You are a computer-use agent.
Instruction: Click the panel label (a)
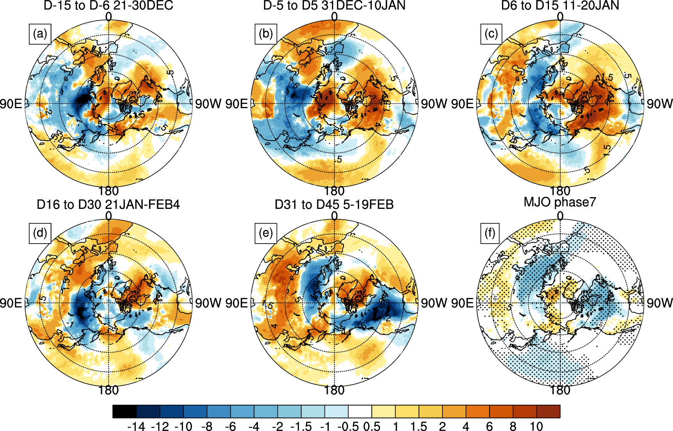[x=40, y=34]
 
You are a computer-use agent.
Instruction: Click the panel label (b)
[x=266, y=34]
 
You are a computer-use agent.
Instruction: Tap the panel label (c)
[x=491, y=34]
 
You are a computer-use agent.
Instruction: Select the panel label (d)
[x=40, y=233]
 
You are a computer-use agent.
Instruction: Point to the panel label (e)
[x=266, y=233]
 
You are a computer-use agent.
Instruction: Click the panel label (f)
[x=490, y=233]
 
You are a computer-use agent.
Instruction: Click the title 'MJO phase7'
[x=560, y=202]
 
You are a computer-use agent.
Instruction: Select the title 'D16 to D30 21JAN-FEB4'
[x=108, y=205]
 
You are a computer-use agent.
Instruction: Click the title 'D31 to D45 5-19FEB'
[x=334, y=205]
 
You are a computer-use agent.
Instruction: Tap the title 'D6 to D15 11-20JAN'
[x=560, y=5]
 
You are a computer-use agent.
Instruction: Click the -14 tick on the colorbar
[x=136, y=426]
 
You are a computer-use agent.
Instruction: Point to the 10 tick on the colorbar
[x=536, y=426]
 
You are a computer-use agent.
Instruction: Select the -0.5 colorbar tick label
[x=348, y=426]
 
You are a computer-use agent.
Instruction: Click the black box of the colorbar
[x=125, y=411]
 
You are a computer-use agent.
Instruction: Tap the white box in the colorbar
[x=360, y=411]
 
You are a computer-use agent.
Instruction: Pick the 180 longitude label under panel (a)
[x=108, y=191]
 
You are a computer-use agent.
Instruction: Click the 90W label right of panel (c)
[x=659, y=104]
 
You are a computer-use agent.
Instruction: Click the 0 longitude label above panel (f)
[x=560, y=216]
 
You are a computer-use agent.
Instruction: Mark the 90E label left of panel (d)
[x=11, y=303]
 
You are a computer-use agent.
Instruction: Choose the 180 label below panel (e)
[x=334, y=390]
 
